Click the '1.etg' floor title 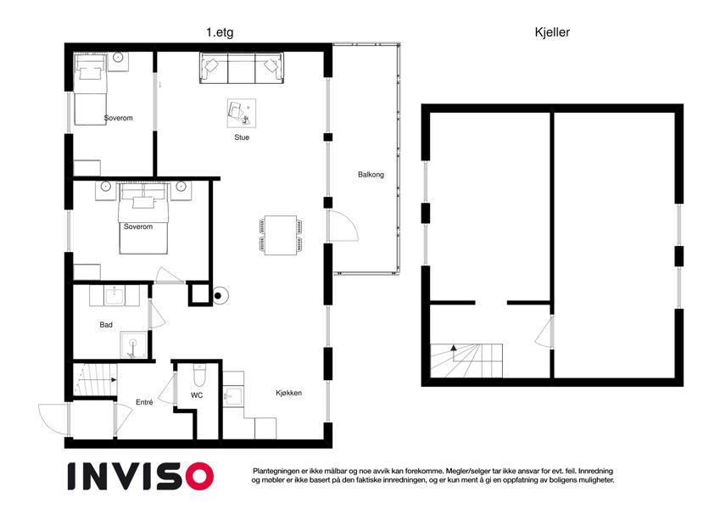[x=220, y=32]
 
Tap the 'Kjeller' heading [x=552, y=32]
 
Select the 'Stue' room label [x=242, y=137]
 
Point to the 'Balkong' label [x=371, y=175]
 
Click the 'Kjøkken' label [x=289, y=393]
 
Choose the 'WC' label [x=197, y=395]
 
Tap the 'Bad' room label [x=106, y=325]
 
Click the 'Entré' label [x=144, y=402]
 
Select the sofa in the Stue [x=242, y=68]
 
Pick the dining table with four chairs [x=280, y=235]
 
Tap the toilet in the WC [x=199, y=375]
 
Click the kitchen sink [x=233, y=396]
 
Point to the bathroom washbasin [x=114, y=295]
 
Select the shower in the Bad [x=134, y=345]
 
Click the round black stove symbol [x=219, y=296]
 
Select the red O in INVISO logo [x=200, y=477]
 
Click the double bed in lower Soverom [x=142, y=219]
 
